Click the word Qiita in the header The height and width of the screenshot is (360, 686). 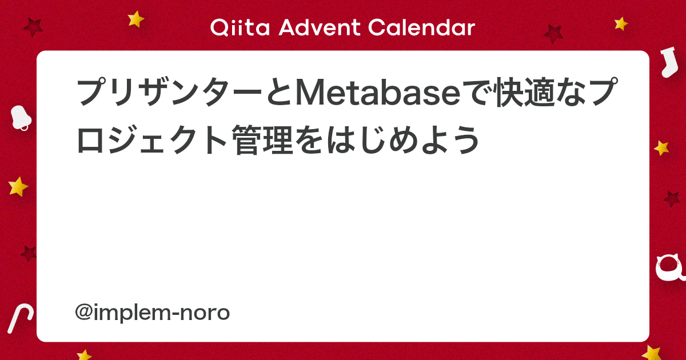240,27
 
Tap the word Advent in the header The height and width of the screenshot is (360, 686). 319,27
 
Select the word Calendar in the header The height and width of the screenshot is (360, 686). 421,27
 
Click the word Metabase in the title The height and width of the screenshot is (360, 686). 378,92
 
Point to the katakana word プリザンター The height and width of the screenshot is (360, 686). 169,92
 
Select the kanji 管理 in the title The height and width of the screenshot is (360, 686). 263,139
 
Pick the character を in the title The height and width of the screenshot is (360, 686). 310,139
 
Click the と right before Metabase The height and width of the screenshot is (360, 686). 279,92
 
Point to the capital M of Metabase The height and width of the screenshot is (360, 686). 311,92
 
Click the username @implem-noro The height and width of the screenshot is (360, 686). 152,313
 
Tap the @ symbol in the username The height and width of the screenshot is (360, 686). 83,312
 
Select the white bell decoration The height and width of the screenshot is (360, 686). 21,118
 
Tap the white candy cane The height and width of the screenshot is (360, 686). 20,318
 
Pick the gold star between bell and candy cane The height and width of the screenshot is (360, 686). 18,186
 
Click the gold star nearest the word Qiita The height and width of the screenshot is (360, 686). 135,19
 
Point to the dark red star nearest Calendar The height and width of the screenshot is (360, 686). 553,34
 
